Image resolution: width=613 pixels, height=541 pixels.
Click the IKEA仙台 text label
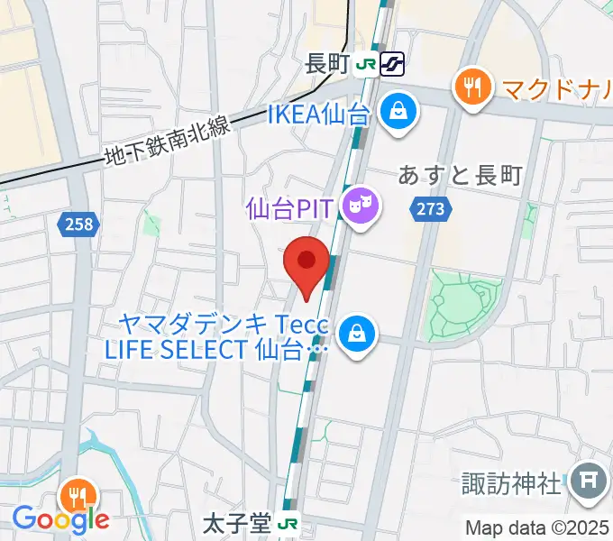[319, 115]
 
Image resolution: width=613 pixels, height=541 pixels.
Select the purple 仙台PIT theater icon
[361, 208]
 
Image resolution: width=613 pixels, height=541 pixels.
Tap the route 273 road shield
[430, 209]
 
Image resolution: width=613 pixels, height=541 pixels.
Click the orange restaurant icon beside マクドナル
[471, 87]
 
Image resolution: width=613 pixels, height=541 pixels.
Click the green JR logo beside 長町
[365, 64]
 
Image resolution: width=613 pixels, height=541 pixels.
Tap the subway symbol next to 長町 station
[393, 64]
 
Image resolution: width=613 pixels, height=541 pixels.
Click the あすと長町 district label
[460, 176]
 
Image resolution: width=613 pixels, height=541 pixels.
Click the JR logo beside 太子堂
[288, 524]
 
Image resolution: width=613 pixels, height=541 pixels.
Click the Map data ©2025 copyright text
[537, 527]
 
